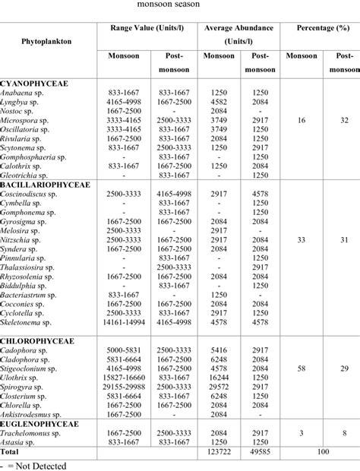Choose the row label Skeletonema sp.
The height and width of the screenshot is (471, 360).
point(29,323)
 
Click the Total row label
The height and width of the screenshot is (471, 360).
point(15,451)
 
